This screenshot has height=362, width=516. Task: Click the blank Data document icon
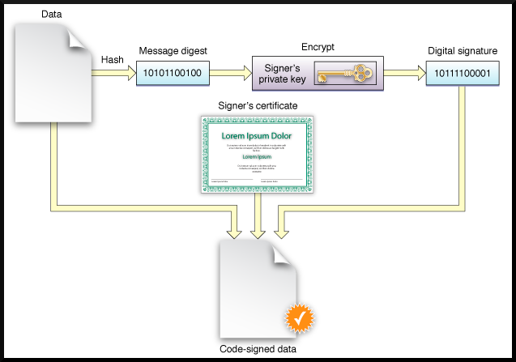point(50,73)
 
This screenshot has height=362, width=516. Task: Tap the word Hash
point(112,59)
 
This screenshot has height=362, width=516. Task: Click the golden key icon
point(344,75)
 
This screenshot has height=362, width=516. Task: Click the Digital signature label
point(462,51)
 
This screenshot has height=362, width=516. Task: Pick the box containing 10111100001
point(463,75)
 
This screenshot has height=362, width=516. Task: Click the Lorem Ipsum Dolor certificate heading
point(257,136)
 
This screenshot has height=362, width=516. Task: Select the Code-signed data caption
point(258,350)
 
